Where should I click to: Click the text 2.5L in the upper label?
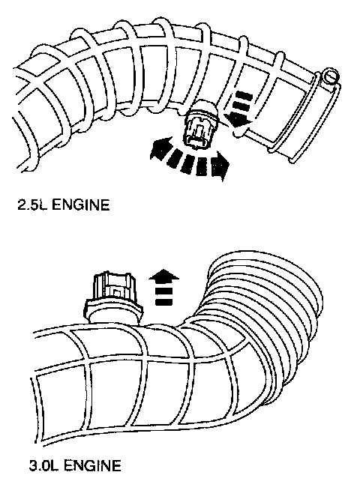[x=32, y=205]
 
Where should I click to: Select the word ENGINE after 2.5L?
[x=80, y=205]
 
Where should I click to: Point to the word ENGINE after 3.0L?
[x=92, y=465]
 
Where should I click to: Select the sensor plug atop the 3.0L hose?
[x=113, y=297]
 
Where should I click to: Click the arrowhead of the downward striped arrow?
[x=239, y=120]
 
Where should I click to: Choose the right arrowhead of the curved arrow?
[x=220, y=165]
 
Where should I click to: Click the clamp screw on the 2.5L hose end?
[x=330, y=76]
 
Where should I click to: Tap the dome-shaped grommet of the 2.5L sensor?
[x=203, y=109]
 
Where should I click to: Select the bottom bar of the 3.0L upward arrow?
[x=164, y=301]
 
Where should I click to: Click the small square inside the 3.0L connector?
[x=117, y=293]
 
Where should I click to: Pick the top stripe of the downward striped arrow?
[x=243, y=95]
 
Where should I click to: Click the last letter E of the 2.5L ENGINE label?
[x=105, y=205]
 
